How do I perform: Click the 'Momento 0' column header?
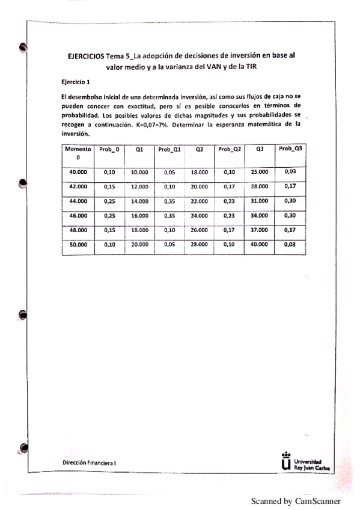coord(78,152)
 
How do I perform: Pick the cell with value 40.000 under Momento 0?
coord(78,172)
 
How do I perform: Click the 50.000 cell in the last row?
coord(78,245)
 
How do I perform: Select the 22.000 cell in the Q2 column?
coord(198,201)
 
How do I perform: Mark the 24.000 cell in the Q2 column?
coord(198,215)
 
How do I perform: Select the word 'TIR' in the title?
coord(250,67)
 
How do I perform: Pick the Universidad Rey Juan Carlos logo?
coord(304,461)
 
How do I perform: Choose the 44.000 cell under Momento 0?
coord(78,201)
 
